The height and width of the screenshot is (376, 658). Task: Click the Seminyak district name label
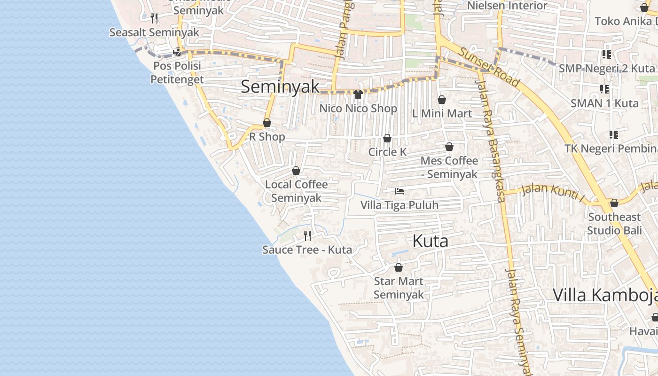(280, 87)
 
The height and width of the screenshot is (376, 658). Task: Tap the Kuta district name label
(430, 241)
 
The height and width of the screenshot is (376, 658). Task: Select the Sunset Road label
(489, 67)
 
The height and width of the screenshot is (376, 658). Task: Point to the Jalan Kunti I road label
(553, 192)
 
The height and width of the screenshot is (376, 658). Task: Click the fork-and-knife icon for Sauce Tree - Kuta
(307, 235)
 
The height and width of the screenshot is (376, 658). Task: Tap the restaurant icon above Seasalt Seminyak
(154, 18)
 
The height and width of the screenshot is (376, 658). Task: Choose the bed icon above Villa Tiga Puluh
(399, 191)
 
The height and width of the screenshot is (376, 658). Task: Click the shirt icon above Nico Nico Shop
(358, 94)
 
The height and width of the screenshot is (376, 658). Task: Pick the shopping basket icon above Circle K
(387, 138)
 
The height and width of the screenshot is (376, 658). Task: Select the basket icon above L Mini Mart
(442, 100)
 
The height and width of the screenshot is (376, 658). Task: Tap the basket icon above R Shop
(267, 123)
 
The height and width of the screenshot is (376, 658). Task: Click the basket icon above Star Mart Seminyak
(399, 267)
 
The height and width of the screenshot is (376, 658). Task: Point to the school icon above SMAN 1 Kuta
(604, 89)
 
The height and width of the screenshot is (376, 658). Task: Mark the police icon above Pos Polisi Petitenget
(177, 52)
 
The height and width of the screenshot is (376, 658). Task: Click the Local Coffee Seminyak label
(296, 191)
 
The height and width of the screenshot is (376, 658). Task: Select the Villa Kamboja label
(605, 295)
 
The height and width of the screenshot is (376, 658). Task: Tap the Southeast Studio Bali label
(614, 224)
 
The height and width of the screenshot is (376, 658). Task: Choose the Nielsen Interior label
(508, 6)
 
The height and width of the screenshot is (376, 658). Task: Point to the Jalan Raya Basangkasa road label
(490, 141)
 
